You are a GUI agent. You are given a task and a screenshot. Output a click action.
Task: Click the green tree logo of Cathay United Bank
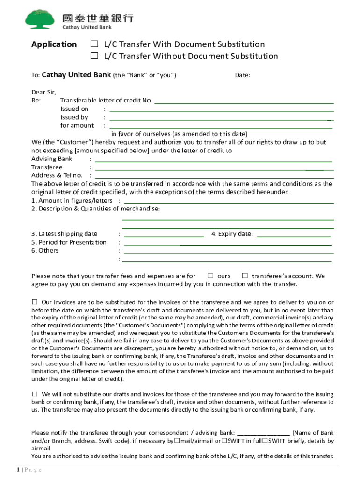pyautogui.click(x=40, y=19)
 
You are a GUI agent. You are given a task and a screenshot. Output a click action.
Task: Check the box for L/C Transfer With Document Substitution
pyautogui.click(x=94, y=44)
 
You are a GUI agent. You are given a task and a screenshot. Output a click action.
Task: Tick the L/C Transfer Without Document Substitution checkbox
pyautogui.click(x=94, y=56)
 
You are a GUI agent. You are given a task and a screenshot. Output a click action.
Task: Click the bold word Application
pyautogui.click(x=54, y=44)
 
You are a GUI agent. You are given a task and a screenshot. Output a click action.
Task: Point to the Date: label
pyautogui.click(x=242, y=75)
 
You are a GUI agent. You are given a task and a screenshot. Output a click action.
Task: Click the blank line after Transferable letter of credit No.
pyautogui.click(x=244, y=101)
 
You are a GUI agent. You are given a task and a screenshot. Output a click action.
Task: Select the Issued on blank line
pyautogui.click(x=221, y=109)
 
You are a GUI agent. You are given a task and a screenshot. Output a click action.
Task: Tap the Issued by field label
pyautogui.click(x=74, y=117)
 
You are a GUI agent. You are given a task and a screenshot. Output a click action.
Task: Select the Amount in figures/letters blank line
pyautogui.click(x=228, y=202)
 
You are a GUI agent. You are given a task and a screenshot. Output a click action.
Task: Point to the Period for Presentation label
pyautogui.click(x=69, y=242)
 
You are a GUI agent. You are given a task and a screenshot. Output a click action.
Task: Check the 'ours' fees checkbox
pyautogui.click(x=210, y=276)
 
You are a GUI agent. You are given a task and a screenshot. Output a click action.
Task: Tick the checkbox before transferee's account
pyautogui.click(x=245, y=276)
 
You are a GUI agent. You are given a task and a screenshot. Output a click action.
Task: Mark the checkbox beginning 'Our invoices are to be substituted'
pyautogui.click(x=35, y=302)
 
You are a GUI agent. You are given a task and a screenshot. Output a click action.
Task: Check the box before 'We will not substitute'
pyautogui.click(x=35, y=394)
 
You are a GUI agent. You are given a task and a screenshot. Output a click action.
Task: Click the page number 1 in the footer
pyautogui.click(x=17, y=470)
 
